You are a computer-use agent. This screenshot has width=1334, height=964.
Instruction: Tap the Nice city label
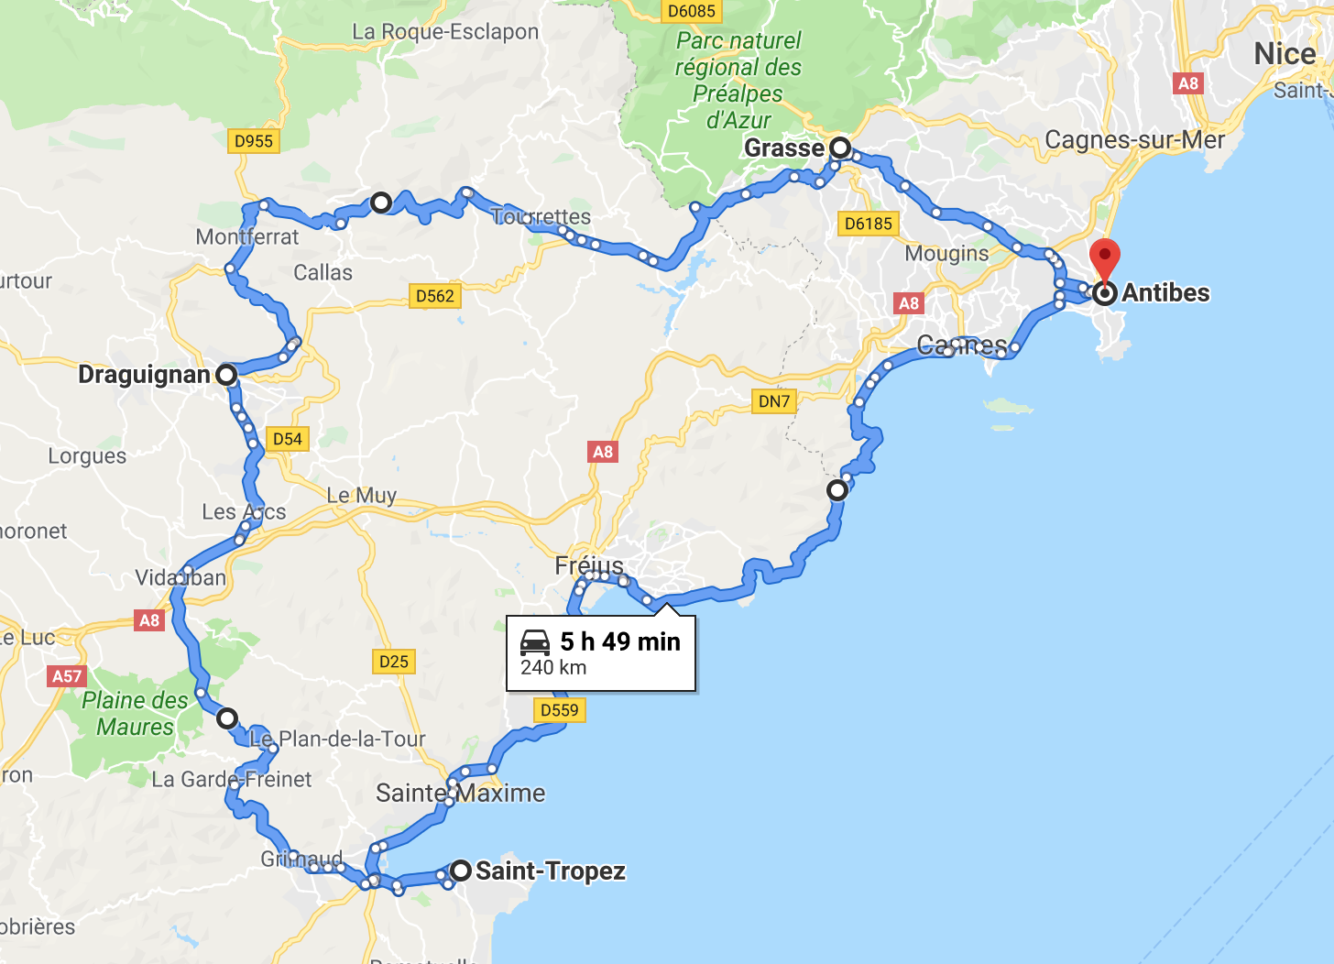click(1285, 54)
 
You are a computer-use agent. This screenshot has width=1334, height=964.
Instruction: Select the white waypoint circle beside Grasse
click(840, 148)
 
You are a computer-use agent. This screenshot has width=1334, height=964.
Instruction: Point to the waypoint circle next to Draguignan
click(226, 374)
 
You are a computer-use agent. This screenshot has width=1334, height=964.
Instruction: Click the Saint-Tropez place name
click(551, 871)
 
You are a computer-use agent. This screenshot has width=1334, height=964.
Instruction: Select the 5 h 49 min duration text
click(620, 641)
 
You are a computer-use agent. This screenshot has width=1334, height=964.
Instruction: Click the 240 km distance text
click(553, 668)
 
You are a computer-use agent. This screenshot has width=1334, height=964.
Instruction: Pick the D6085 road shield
click(691, 11)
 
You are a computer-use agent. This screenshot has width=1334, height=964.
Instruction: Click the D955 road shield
click(254, 141)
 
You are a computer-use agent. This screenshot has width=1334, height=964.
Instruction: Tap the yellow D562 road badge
click(434, 296)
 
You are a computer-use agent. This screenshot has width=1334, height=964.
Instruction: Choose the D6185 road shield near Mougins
click(868, 224)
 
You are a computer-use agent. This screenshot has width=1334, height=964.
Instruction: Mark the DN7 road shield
click(774, 400)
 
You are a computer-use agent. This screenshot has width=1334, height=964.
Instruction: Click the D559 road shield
click(559, 709)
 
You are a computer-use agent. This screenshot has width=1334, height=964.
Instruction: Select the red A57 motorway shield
click(67, 676)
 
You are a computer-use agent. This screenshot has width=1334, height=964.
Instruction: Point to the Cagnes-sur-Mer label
click(1134, 140)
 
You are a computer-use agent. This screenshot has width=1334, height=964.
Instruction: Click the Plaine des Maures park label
click(135, 714)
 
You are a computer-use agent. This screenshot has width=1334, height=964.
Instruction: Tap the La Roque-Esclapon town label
click(445, 32)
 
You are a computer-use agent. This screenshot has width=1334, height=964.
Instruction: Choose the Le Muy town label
click(362, 496)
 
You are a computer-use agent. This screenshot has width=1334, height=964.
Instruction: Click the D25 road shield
click(394, 662)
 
